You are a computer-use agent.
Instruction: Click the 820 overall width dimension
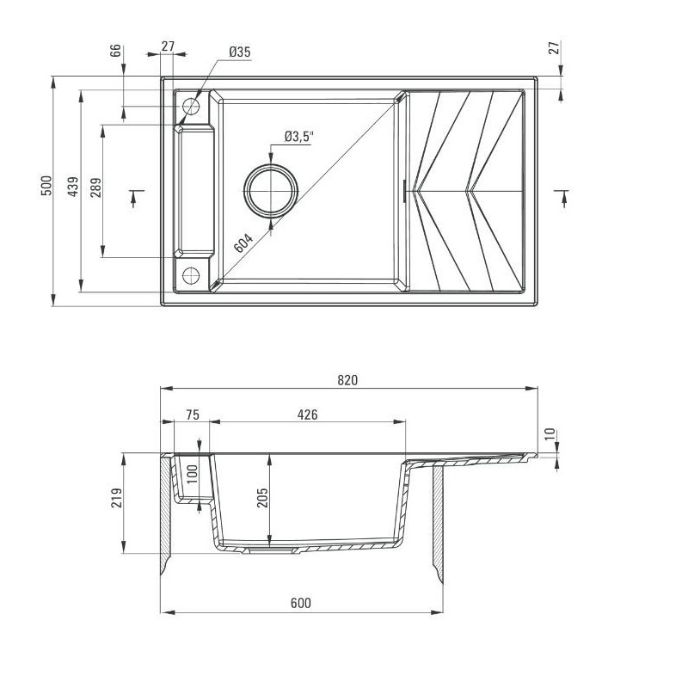pyautogui.click(x=347, y=379)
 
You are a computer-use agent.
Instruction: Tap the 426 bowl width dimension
pyautogui.click(x=307, y=415)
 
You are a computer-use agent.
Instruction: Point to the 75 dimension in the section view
pyautogui.click(x=192, y=415)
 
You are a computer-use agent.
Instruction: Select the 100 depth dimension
pyautogui.click(x=193, y=473)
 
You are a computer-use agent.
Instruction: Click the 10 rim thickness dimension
pyautogui.click(x=550, y=435)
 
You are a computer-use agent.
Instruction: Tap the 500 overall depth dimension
pyautogui.click(x=46, y=187)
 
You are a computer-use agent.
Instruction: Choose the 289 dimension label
pyautogui.click(x=96, y=187)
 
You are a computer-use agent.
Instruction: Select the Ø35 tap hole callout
pyautogui.click(x=239, y=53)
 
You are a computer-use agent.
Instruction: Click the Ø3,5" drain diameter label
pyautogui.click(x=300, y=137)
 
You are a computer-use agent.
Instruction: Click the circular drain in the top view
pyautogui.click(x=272, y=190)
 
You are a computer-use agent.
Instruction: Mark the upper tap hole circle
pyautogui.click(x=191, y=107)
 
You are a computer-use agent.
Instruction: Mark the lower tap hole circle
pyautogui.click(x=191, y=276)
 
